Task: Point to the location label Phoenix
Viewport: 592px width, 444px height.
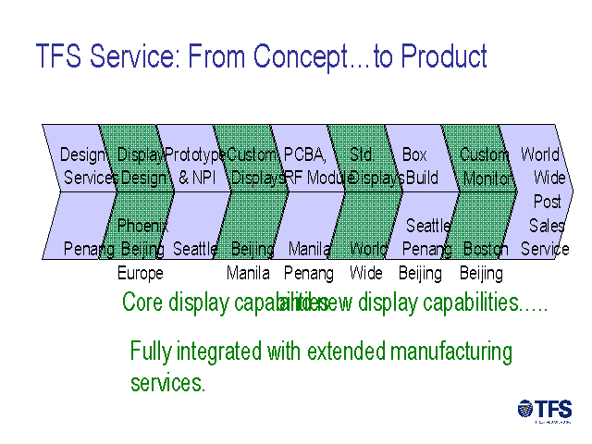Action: pyautogui.click(x=142, y=225)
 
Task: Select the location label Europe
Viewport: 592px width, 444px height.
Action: pyautogui.click(x=140, y=273)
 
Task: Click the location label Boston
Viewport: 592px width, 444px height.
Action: pyautogui.click(x=486, y=249)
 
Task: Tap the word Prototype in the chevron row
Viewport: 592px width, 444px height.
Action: pyautogui.click(x=194, y=154)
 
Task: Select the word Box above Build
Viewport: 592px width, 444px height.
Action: pyautogui.click(x=414, y=154)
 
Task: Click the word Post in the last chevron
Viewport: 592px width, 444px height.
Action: pyautogui.click(x=548, y=202)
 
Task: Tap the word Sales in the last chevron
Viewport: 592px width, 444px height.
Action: pyautogui.click(x=547, y=225)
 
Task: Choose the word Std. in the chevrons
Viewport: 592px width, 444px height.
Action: pyautogui.click(x=362, y=154)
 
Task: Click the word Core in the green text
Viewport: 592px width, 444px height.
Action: pyautogui.click(x=142, y=302)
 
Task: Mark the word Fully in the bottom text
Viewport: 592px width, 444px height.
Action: pyautogui.click(x=150, y=352)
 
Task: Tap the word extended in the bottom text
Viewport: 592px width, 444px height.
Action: pyautogui.click(x=343, y=352)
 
